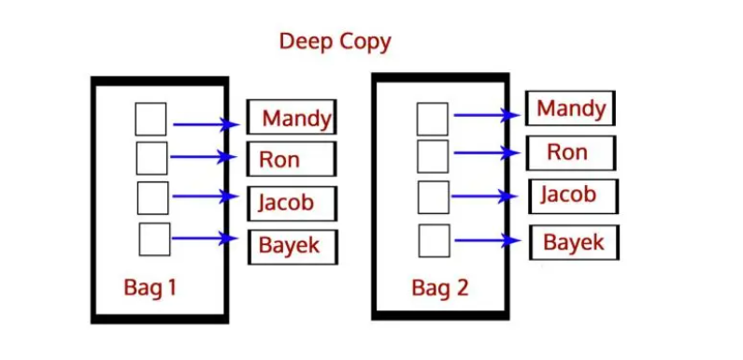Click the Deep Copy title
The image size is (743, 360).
(335, 42)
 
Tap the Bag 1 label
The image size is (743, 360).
(150, 287)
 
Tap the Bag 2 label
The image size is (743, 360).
(440, 288)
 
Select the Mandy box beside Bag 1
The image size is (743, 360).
(292, 117)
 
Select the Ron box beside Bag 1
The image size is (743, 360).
(292, 158)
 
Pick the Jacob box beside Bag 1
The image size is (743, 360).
(292, 204)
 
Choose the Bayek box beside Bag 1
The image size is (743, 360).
(293, 247)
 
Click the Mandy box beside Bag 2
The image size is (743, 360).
(570, 108)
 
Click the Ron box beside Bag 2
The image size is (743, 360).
(571, 152)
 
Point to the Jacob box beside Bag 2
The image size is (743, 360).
(573, 196)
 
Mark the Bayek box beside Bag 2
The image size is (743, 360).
(575, 242)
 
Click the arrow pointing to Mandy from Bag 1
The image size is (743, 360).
(207, 124)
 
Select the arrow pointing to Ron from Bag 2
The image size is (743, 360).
(487, 152)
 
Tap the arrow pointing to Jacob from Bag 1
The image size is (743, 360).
(206, 195)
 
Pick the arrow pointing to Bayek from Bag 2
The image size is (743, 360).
(488, 240)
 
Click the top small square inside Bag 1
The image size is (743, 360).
(150, 119)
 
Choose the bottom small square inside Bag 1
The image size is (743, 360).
(154, 239)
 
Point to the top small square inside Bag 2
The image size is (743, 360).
(433, 119)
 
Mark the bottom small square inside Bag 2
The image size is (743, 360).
(434, 240)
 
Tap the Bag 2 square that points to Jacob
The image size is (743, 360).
(434, 197)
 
